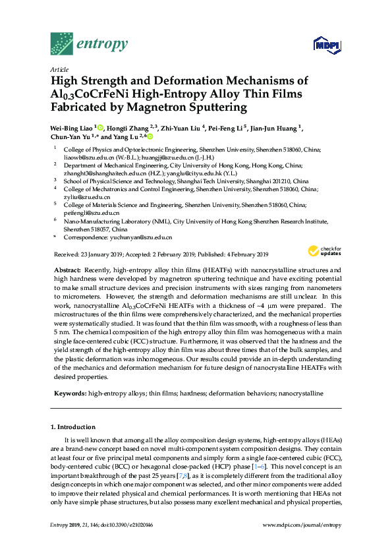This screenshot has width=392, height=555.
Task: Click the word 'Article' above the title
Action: [59, 69]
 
